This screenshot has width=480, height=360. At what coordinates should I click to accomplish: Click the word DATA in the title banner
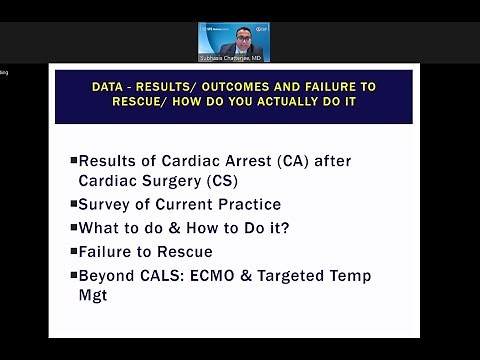pos(106,88)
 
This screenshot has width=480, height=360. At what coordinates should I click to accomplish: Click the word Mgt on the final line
pos(93,296)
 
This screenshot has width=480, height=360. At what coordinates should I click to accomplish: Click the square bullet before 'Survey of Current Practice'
pos(73,205)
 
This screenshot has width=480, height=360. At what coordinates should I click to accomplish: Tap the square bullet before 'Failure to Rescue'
pos(73,252)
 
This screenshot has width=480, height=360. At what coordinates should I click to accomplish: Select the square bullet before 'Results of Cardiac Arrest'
pos(73,160)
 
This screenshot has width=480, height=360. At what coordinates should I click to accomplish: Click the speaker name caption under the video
pos(234,58)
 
